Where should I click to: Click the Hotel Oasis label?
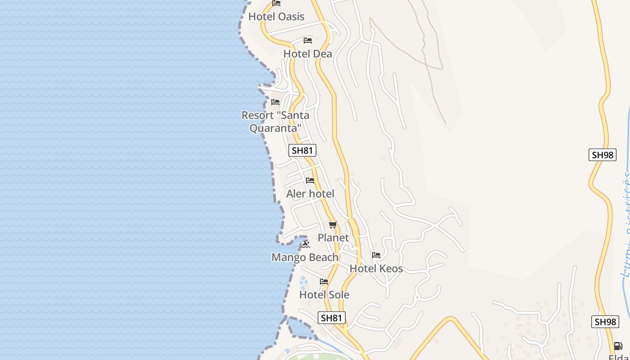pyautogui.click(x=276, y=17)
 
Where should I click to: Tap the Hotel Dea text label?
pyautogui.click(x=308, y=54)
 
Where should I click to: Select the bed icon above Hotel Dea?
pyautogui.click(x=308, y=40)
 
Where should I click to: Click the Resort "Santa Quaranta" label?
pyautogui.click(x=275, y=121)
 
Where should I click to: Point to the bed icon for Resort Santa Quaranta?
pyautogui.click(x=275, y=102)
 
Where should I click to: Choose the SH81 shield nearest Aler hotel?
pyautogui.click(x=302, y=150)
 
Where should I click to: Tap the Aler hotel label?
pyautogui.click(x=310, y=194)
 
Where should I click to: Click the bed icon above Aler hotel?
pyautogui.click(x=310, y=180)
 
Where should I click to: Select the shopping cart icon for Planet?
pyautogui.click(x=333, y=225)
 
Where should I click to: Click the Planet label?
pyautogui.click(x=333, y=238)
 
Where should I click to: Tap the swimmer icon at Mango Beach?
pyautogui.click(x=306, y=244)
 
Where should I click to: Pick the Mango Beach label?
pyautogui.click(x=305, y=257)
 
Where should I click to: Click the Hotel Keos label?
pyautogui.click(x=376, y=269)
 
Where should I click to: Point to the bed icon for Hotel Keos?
pyautogui.click(x=376, y=255)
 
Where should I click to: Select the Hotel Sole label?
pyautogui.click(x=324, y=295)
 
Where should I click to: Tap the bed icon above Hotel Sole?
pyautogui.click(x=324, y=282)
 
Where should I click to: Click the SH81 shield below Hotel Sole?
pyautogui.click(x=332, y=318)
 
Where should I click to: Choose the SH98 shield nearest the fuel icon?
pyautogui.click(x=605, y=322)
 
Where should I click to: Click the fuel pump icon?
pyautogui.click(x=618, y=346)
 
